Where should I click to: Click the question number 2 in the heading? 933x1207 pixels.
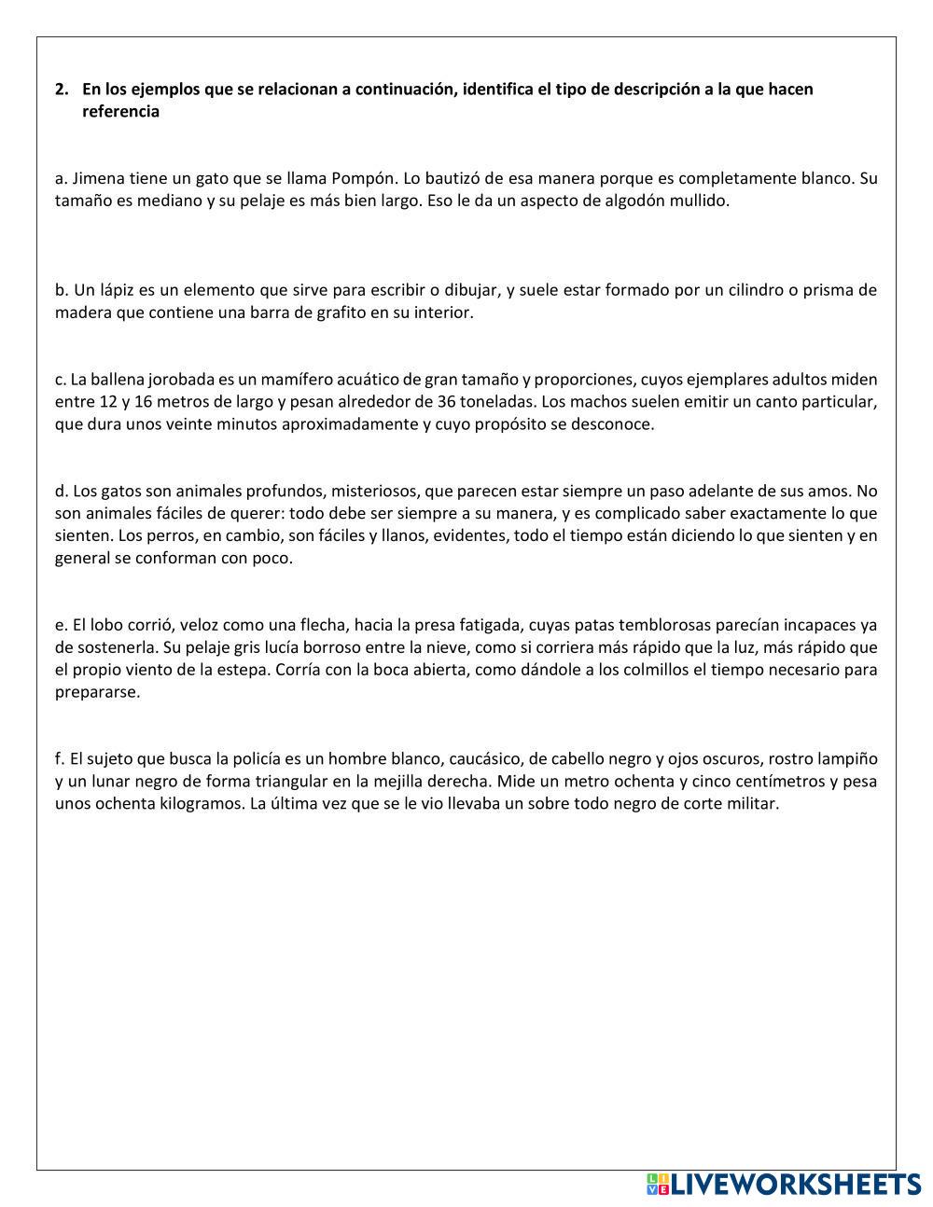pos(61,90)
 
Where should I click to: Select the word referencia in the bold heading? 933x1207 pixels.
pos(120,112)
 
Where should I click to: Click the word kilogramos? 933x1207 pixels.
pos(205,804)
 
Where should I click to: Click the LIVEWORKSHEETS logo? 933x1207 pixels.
pos(783,1185)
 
